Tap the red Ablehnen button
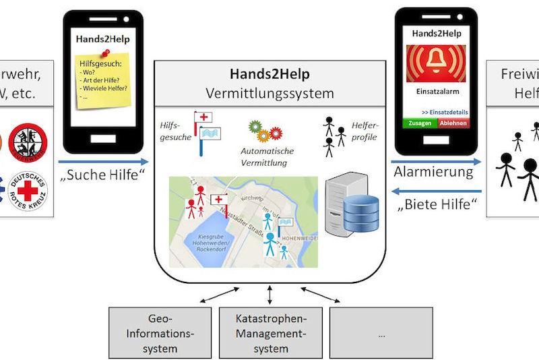coord(454,123)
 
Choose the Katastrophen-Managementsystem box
coord(271,333)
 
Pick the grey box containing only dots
coord(381,333)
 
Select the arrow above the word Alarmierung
coord(437,162)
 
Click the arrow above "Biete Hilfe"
coord(437,191)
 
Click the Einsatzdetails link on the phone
coord(445,112)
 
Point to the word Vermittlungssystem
coord(270,92)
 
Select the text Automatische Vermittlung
coord(263,157)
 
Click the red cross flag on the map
coord(219,200)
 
